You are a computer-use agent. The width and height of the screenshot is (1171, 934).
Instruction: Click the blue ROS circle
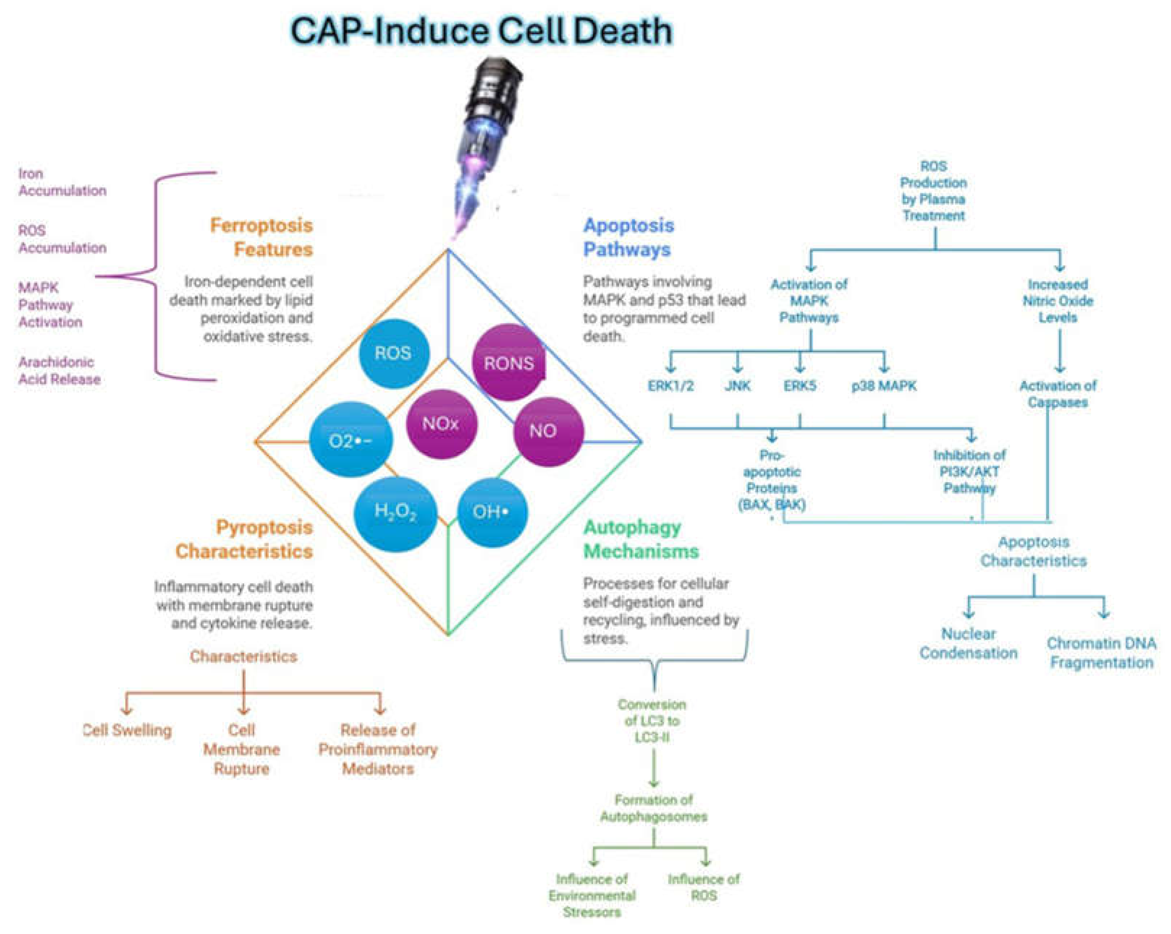pyautogui.click(x=394, y=353)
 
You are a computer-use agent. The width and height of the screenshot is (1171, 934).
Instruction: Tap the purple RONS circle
pyautogui.click(x=508, y=363)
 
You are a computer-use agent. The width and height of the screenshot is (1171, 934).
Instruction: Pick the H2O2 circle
pyautogui.click(x=395, y=511)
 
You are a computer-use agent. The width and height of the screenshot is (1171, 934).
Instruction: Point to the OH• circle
pyautogui.click(x=491, y=511)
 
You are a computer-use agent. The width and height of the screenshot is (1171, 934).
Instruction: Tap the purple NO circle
pyautogui.click(x=548, y=431)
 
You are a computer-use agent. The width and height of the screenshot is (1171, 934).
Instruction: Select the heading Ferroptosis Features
pyautogui.click(x=262, y=237)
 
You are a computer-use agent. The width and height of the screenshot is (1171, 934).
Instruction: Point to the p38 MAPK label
pyautogui.click(x=884, y=386)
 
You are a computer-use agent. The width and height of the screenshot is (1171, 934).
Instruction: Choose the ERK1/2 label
pyautogui.click(x=671, y=386)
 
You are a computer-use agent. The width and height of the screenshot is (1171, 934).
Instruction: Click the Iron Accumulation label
pyautogui.click(x=61, y=182)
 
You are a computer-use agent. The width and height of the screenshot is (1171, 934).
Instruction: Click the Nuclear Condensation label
pyautogui.click(x=968, y=643)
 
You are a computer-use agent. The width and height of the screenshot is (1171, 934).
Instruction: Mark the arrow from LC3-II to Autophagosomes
pyautogui.click(x=653, y=768)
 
